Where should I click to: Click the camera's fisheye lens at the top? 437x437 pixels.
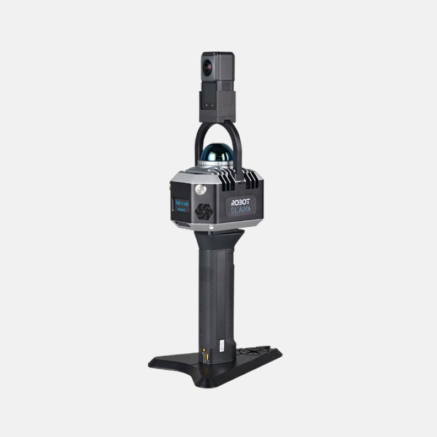click(208, 67)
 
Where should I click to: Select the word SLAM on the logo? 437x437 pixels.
click(240, 209)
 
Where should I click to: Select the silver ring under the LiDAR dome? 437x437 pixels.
click(217, 166)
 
